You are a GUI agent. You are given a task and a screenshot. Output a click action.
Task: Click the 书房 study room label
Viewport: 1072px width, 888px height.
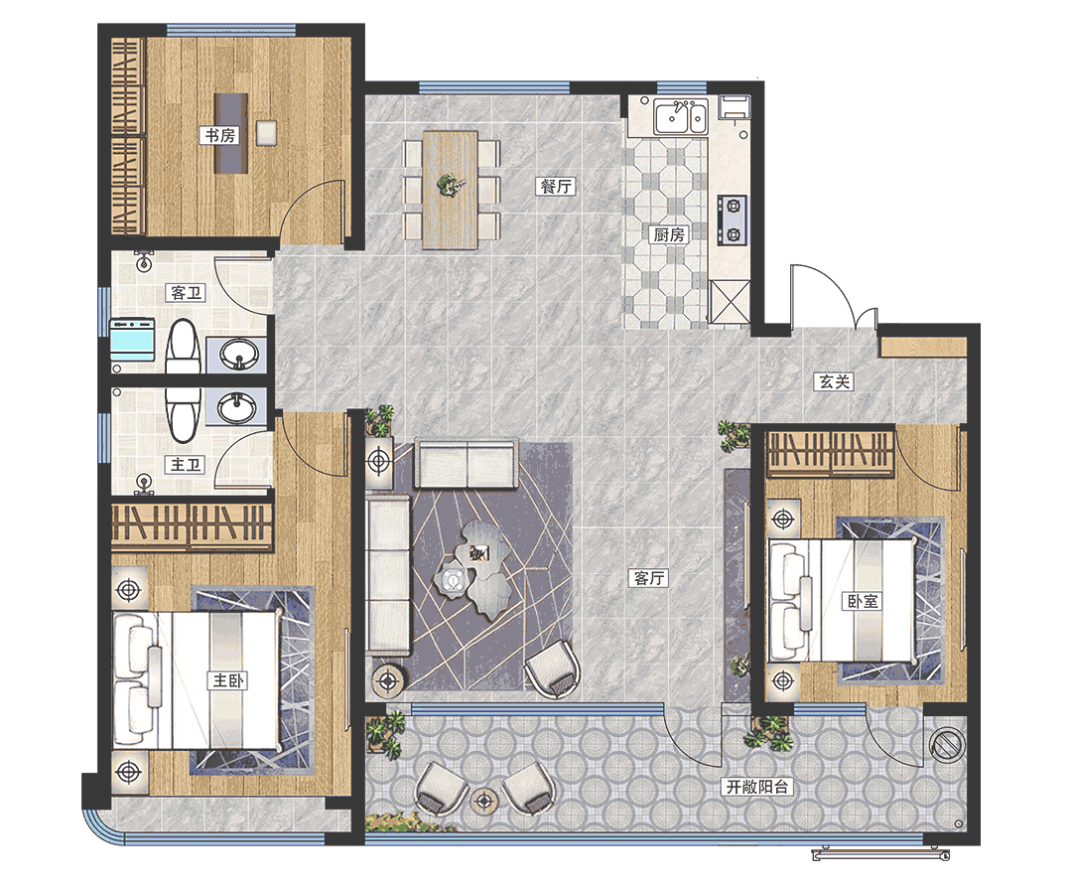click(x=220, y=135)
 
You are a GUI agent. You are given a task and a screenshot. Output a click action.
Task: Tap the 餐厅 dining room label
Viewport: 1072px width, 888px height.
click(x=557, y=186)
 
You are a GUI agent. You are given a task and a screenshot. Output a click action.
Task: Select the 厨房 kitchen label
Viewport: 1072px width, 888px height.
click(x=669, y=234)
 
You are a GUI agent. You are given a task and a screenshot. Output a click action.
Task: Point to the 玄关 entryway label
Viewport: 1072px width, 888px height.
click(x=834, y=381)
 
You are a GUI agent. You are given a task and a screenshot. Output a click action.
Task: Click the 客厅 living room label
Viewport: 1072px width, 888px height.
click(x=649, y=578)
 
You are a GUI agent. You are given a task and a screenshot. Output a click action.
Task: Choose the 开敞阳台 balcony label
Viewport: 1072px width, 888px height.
click(x=757, y=787)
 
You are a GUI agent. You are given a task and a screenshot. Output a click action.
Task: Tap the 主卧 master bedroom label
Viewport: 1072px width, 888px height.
click(x=227, y=680)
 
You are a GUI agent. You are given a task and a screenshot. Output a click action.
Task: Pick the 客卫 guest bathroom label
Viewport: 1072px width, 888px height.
click(x=186, y=293)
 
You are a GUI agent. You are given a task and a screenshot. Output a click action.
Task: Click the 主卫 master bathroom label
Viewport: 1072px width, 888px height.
click(x=186, y=465)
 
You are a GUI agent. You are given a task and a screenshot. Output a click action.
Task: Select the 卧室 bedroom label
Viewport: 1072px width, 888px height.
click(x=863, y=601)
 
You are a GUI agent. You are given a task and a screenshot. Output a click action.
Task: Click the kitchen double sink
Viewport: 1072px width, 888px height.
click(x=680, y=117)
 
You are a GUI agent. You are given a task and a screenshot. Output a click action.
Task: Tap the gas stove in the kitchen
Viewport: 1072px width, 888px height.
click(x=732, y=220)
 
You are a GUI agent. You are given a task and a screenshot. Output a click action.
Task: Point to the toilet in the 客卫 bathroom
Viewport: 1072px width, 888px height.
click(x=183, y=347)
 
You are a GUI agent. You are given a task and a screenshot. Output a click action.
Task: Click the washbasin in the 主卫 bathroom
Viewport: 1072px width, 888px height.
click(x=237, y=408)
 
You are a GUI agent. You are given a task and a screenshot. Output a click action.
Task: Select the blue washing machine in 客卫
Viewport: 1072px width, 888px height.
click(x=133, y=339)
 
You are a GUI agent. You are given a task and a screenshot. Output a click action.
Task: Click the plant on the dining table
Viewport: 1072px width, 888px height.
click(x=450, y=185)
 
